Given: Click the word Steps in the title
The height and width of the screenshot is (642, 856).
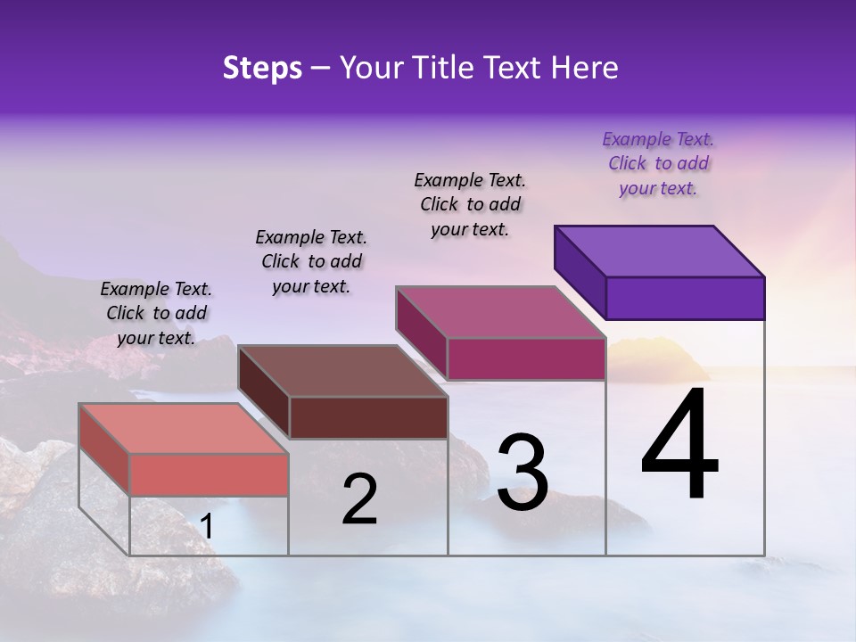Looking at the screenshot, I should pos(262,68).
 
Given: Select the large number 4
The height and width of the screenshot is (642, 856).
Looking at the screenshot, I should pos(680,445).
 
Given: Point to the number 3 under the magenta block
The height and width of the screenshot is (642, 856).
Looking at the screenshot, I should pos(523,473).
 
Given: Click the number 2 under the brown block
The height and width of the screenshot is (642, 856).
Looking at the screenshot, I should pos(359,500).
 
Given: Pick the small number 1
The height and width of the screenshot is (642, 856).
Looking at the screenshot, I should pos(206,527).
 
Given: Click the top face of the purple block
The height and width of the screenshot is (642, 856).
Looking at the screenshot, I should pos(660,251).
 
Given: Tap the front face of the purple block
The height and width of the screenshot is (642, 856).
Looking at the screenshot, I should pos(685,298).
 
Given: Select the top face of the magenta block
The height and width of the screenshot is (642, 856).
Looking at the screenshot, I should pos(501,312).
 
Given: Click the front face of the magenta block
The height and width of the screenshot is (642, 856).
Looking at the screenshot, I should pos(526,358).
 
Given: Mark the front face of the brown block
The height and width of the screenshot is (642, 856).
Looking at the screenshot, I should pos(368,417).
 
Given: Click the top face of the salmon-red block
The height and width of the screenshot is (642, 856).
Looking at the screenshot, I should pos(184,428).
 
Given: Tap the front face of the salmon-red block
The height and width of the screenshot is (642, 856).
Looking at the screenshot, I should pos(209,474).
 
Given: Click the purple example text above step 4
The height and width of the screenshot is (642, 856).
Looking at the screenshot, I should pos(658,164).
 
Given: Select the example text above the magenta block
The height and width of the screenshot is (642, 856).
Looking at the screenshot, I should pos(470,204).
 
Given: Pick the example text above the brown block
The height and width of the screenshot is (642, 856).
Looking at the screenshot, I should pos(311,261).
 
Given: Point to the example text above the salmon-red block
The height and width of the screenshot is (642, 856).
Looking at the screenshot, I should pos(156,313).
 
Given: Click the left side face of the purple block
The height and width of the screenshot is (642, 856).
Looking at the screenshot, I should pos(580,267).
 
